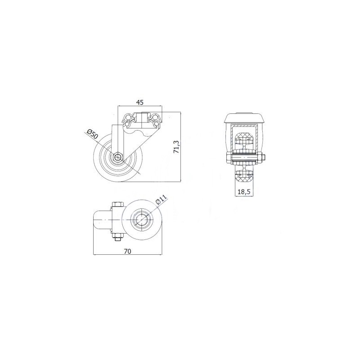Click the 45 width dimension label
point(140,103)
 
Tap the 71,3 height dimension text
point(176,147)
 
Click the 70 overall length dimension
point(127,252)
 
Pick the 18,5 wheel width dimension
point(244,192)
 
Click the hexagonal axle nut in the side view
point(118,157)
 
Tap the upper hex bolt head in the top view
point(117,204)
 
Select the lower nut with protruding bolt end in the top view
point(117,237)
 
